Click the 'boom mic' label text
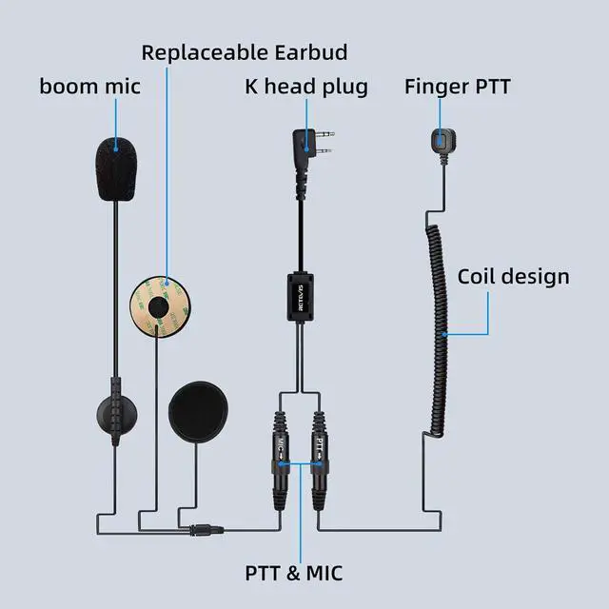(x=89, y=87)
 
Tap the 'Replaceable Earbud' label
(x=245, y=52)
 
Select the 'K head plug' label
(x=306, y=87)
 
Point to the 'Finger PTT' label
(x=457, y=87)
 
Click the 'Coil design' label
(x=514, y=277)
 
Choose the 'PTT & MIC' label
(x=294, y=573)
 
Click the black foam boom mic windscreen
(x=116, y=169)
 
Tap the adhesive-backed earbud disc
(x=160, y=306)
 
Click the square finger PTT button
(x=443, y=141)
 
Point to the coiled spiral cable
(x=438, y=330)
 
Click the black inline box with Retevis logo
(x=301, y=298)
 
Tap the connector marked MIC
(x=281, y=461)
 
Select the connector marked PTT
(x=320, y=461)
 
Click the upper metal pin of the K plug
(x=324, y=135)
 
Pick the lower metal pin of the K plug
(x=324, y=150)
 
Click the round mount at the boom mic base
(x=116, y=415)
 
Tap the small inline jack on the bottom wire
(x=206, y=529)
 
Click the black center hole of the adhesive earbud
(x=159, y=306)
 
